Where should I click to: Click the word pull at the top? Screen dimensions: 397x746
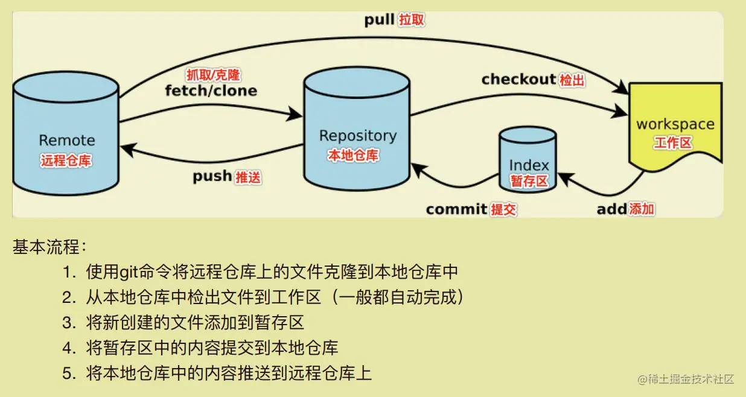point(379,19)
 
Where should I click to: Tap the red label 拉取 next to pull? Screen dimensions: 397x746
point(412,20)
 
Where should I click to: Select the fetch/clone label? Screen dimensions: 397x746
point(211,91)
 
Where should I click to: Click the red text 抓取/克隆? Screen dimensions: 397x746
point(212,75)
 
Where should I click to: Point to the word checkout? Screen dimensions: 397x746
point(518,79)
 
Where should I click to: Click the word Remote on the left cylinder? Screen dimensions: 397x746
point(67,141)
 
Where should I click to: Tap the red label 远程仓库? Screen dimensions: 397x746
point(66,161)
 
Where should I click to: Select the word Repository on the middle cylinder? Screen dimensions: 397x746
point(357,136)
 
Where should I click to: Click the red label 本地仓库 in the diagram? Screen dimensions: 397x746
point(353,156)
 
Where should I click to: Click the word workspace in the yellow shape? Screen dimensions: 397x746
point(675,125)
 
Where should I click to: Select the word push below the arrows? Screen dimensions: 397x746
point(212,177)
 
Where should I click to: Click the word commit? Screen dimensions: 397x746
point(456,209)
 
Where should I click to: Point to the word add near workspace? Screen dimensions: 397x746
point(611,209)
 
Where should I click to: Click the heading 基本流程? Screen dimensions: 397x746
point(49,247)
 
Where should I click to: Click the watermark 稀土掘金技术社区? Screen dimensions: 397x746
point(690,379)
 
